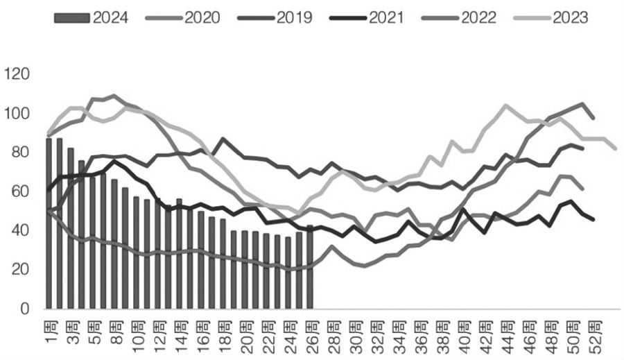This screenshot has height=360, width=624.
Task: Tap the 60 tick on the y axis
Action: [x=19, y=191]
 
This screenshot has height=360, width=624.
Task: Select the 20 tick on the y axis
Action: [x=19, y=269]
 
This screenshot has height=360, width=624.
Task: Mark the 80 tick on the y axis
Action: [x=19, y=152]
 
